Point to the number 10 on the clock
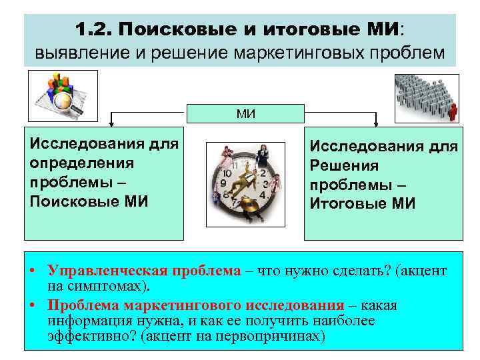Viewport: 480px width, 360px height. coord(227,173)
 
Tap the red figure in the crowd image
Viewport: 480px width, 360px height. coord(454,111)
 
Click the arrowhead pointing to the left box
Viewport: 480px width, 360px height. coord(111,123)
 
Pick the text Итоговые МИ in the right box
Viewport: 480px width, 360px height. coord(362,203)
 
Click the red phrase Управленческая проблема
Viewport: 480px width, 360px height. coord(144,271)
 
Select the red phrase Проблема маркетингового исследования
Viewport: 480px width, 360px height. coord(196,305)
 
